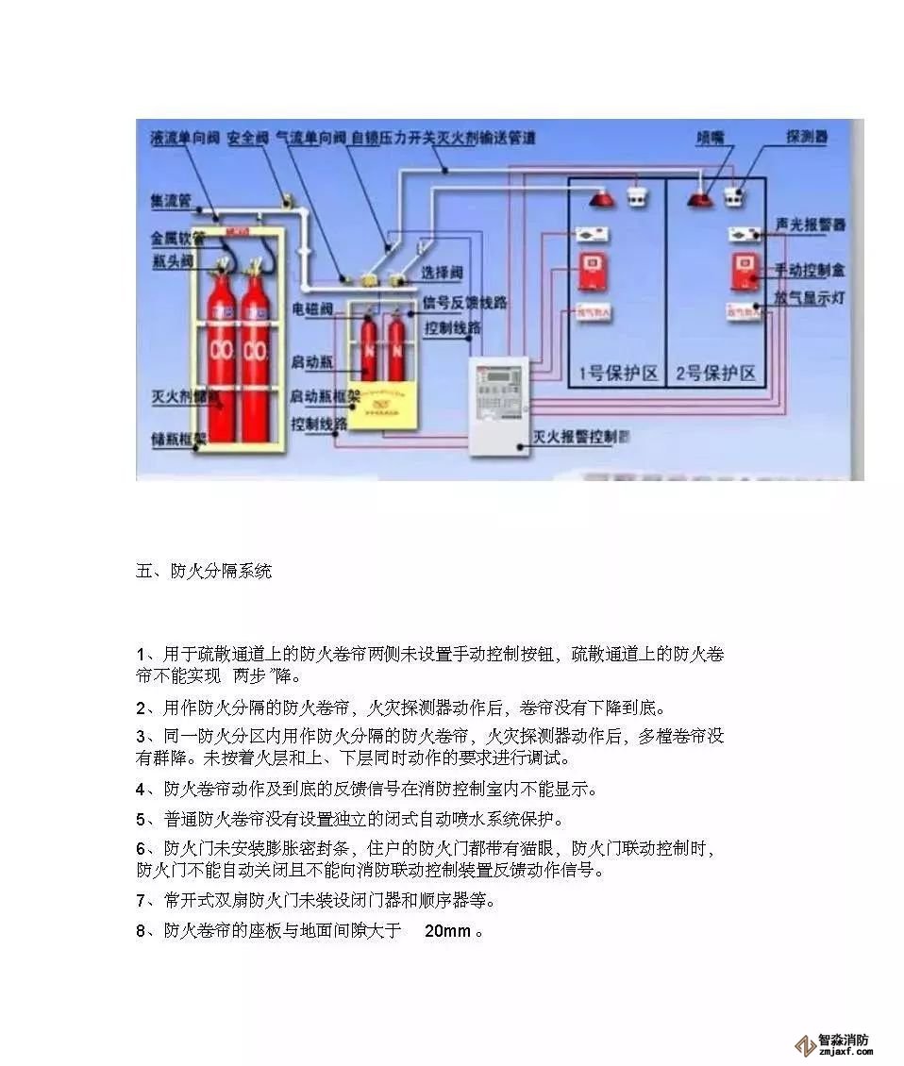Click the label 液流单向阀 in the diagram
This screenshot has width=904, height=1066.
[x=186, y=138]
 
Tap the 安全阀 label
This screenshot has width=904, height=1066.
[x=248, y=138]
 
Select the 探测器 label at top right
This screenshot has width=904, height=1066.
[x=807, y=137]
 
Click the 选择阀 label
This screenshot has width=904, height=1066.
[x=443, y=273]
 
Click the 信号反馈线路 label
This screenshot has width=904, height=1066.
[x=465, y=303]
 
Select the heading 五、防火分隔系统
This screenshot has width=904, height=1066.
[x=205, y=571]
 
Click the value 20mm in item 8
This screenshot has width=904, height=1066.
[x=447, y=931]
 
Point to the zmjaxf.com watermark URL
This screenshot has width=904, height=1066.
[x=844, y=1055]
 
